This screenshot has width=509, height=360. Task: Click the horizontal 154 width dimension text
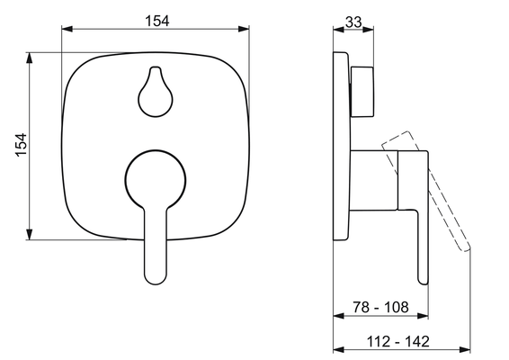(157, 21)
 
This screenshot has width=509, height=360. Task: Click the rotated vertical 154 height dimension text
(21, 145)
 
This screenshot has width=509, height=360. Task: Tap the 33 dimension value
(353, 22)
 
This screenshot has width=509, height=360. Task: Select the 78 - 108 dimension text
(380, 307)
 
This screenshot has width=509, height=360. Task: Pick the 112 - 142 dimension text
(398, 341)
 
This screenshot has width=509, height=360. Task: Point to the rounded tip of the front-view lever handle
(156, 280)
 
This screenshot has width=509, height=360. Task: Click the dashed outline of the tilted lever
(426, 191)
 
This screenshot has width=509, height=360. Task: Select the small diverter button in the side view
(362, 92)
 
